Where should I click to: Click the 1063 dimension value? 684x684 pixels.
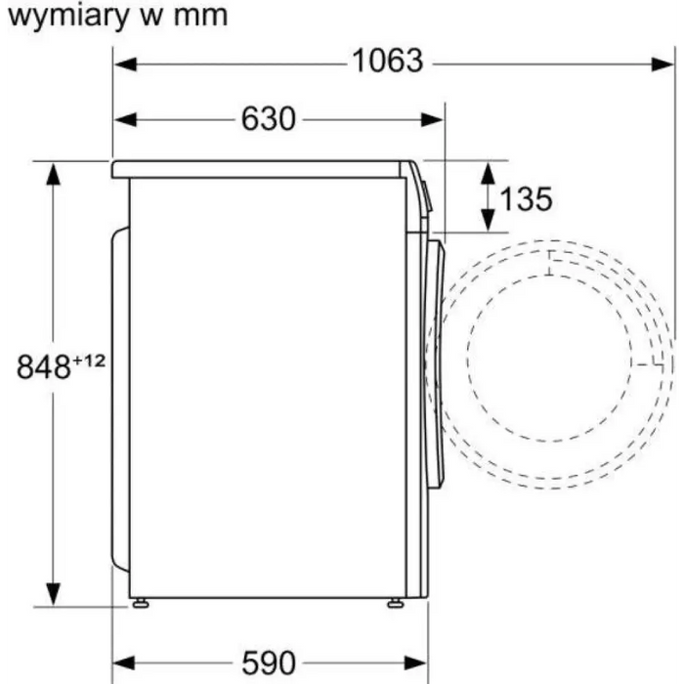[388, 62]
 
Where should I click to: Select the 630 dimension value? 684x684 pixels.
[268, 119]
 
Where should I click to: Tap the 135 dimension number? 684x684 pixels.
[526, 199]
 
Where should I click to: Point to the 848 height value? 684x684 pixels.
[45, 367]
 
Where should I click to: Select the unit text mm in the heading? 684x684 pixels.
[202, 16]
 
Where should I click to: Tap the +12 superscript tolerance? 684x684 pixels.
[90, 361]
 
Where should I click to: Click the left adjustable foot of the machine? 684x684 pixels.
[142, 603]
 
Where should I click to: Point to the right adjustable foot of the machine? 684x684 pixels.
[394, 603]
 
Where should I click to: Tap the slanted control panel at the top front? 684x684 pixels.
[421, 191]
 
